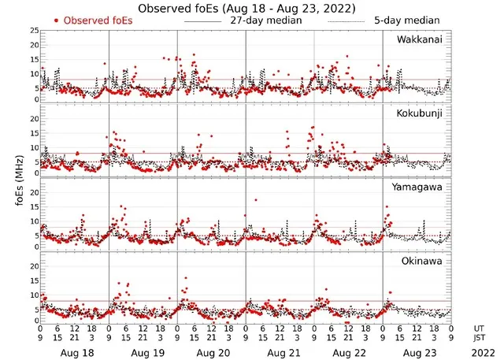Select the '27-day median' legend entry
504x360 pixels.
coord(268,20)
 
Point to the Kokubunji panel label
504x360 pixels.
coord(419,114)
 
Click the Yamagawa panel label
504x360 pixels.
coord(418,187)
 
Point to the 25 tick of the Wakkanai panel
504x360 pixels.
coord(34,30)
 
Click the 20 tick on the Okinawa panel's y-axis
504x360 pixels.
coord(34,266)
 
